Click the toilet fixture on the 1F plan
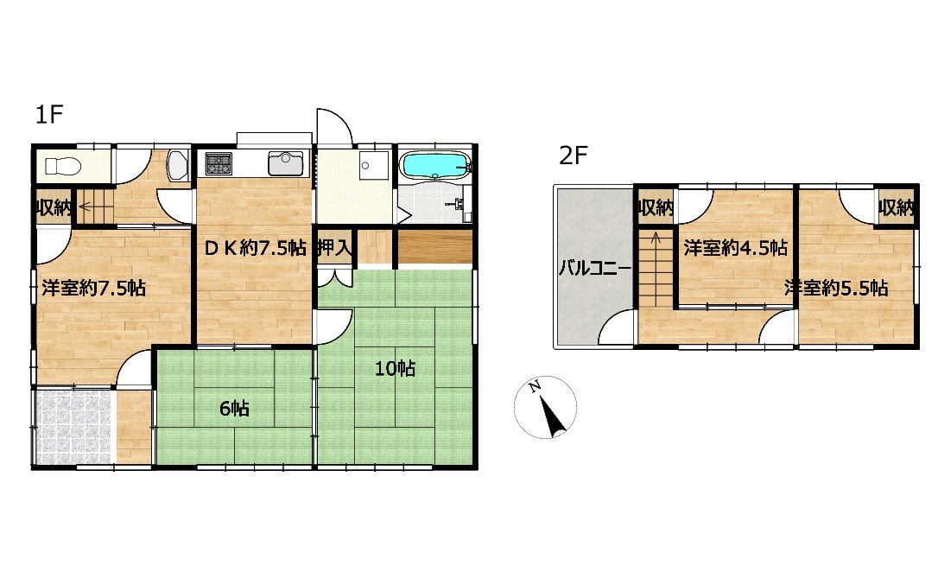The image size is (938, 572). click(x=60, y=166)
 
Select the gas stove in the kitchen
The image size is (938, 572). click(x=219, y=163)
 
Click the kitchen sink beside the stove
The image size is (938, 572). click(x=286, y=163)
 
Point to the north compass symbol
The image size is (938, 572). click(x=545, y=407)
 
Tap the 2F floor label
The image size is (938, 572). click(x=574, y=156)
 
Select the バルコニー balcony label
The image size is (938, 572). click(x=594, y=268)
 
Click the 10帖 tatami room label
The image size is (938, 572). click(x=395, y=369)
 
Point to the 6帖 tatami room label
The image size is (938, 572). click(x=235, y=409)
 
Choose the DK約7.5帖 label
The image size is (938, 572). click(x=256, y=248)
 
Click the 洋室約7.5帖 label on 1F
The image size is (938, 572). click(x=94, y=289)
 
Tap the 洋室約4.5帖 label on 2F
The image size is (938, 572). click(x=735, y=248)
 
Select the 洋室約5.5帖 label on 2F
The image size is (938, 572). click(x=836, y=289)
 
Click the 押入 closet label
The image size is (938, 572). click(x=334, y=248)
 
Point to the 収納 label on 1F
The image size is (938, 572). click(x=54, y=208)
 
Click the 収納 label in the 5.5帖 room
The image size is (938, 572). click(x=897, y=208)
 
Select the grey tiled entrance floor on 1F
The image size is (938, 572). click(x=73, y=427)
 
